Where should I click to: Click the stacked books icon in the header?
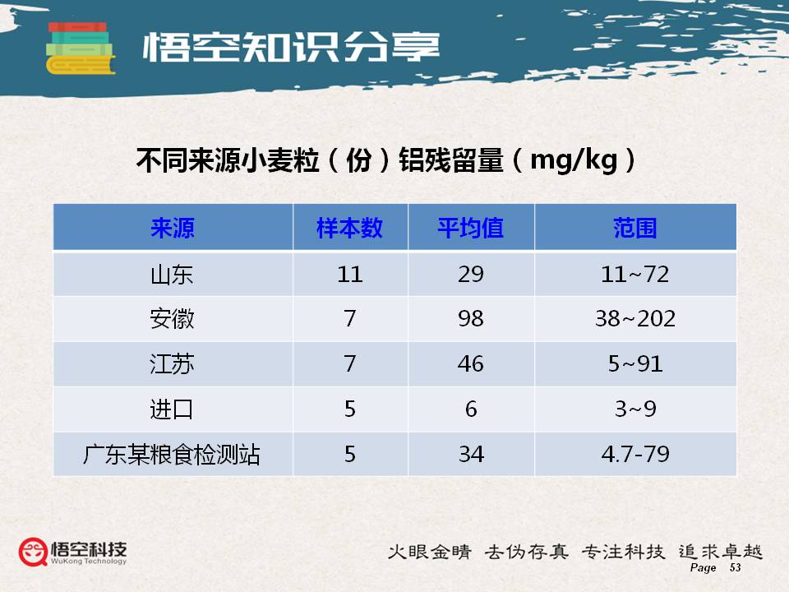(81, 49)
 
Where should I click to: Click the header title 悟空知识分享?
(291, 48)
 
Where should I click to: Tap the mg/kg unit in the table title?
(574, 160)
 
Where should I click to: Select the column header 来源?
(173, 228)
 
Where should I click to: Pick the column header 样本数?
(350, 228)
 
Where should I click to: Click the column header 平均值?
(470, 228)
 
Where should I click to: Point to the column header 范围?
(635, 228)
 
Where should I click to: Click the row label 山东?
(172, 275)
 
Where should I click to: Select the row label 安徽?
(172, 319)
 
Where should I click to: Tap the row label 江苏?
(172, 364)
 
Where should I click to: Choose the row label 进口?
(172, 409)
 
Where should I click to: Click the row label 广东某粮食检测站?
(172, 454)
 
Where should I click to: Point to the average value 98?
(471, 319)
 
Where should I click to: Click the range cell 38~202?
(635, 319)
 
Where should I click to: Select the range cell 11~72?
(635, 275)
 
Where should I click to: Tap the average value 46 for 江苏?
(471, 364)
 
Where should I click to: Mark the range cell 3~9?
(635, 409)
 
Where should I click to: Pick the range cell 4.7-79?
(635, 454)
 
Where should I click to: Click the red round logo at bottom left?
(33, 552)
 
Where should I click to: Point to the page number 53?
(735, 567)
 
